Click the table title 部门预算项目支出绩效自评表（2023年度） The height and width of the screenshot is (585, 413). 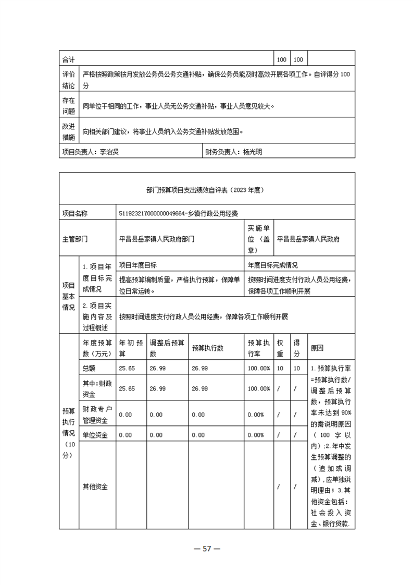click(x=207, y=190)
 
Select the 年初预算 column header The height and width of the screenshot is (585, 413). click(x=131, y=348)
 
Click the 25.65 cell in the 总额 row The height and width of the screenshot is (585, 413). click(x=127, y=368)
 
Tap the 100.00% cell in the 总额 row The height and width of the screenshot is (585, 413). click(x=259, y=368)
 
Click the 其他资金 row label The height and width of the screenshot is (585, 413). click(x=95, y=486)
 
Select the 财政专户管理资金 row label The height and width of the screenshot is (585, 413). click(x=95, y=415)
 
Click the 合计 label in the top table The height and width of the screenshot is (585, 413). click(x=68, y=59)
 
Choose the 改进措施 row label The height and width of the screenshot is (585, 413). click(x=68, y=132)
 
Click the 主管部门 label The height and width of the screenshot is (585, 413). click(x=75, y=239)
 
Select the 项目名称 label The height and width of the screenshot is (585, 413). click(x=75, y=213)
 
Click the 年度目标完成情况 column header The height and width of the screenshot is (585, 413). click(x=273, y=265)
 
